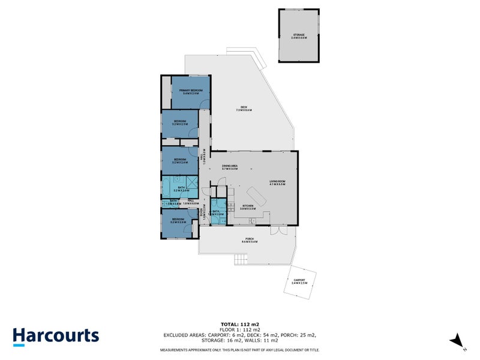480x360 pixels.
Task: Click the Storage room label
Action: tap(299, 36)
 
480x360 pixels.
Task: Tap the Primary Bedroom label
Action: tap(191, 92)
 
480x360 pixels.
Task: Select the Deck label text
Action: tap(244, 109)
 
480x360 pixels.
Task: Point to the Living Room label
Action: tap(276, 183)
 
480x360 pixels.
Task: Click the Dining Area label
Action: tap(230, 168)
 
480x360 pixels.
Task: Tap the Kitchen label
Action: tap(248, 207)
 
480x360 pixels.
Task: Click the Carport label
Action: tap(299, 281)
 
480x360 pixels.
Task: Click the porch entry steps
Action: tap(239, 260)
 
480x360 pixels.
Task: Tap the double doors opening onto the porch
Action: tap(276, 230)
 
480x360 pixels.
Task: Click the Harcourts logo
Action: tap(56, 335)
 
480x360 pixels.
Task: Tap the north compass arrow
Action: tap(458, 339)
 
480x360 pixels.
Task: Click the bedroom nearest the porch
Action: tap(179, 223)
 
